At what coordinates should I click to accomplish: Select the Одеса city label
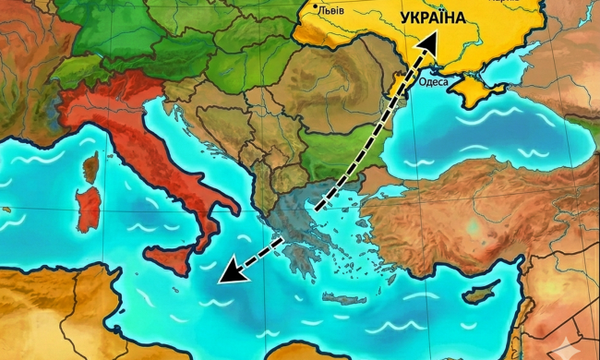pyautogui.click(x=434, y=82)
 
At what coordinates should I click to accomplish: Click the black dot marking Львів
pyautogui.click(x=315, y=8)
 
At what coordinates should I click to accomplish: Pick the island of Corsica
pyautogui.click(x=91, y=167)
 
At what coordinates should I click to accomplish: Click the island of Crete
pyautogui.click(x=343, y=299)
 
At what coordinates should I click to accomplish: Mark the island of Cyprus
pyautogui.click(x=478, y=294)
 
